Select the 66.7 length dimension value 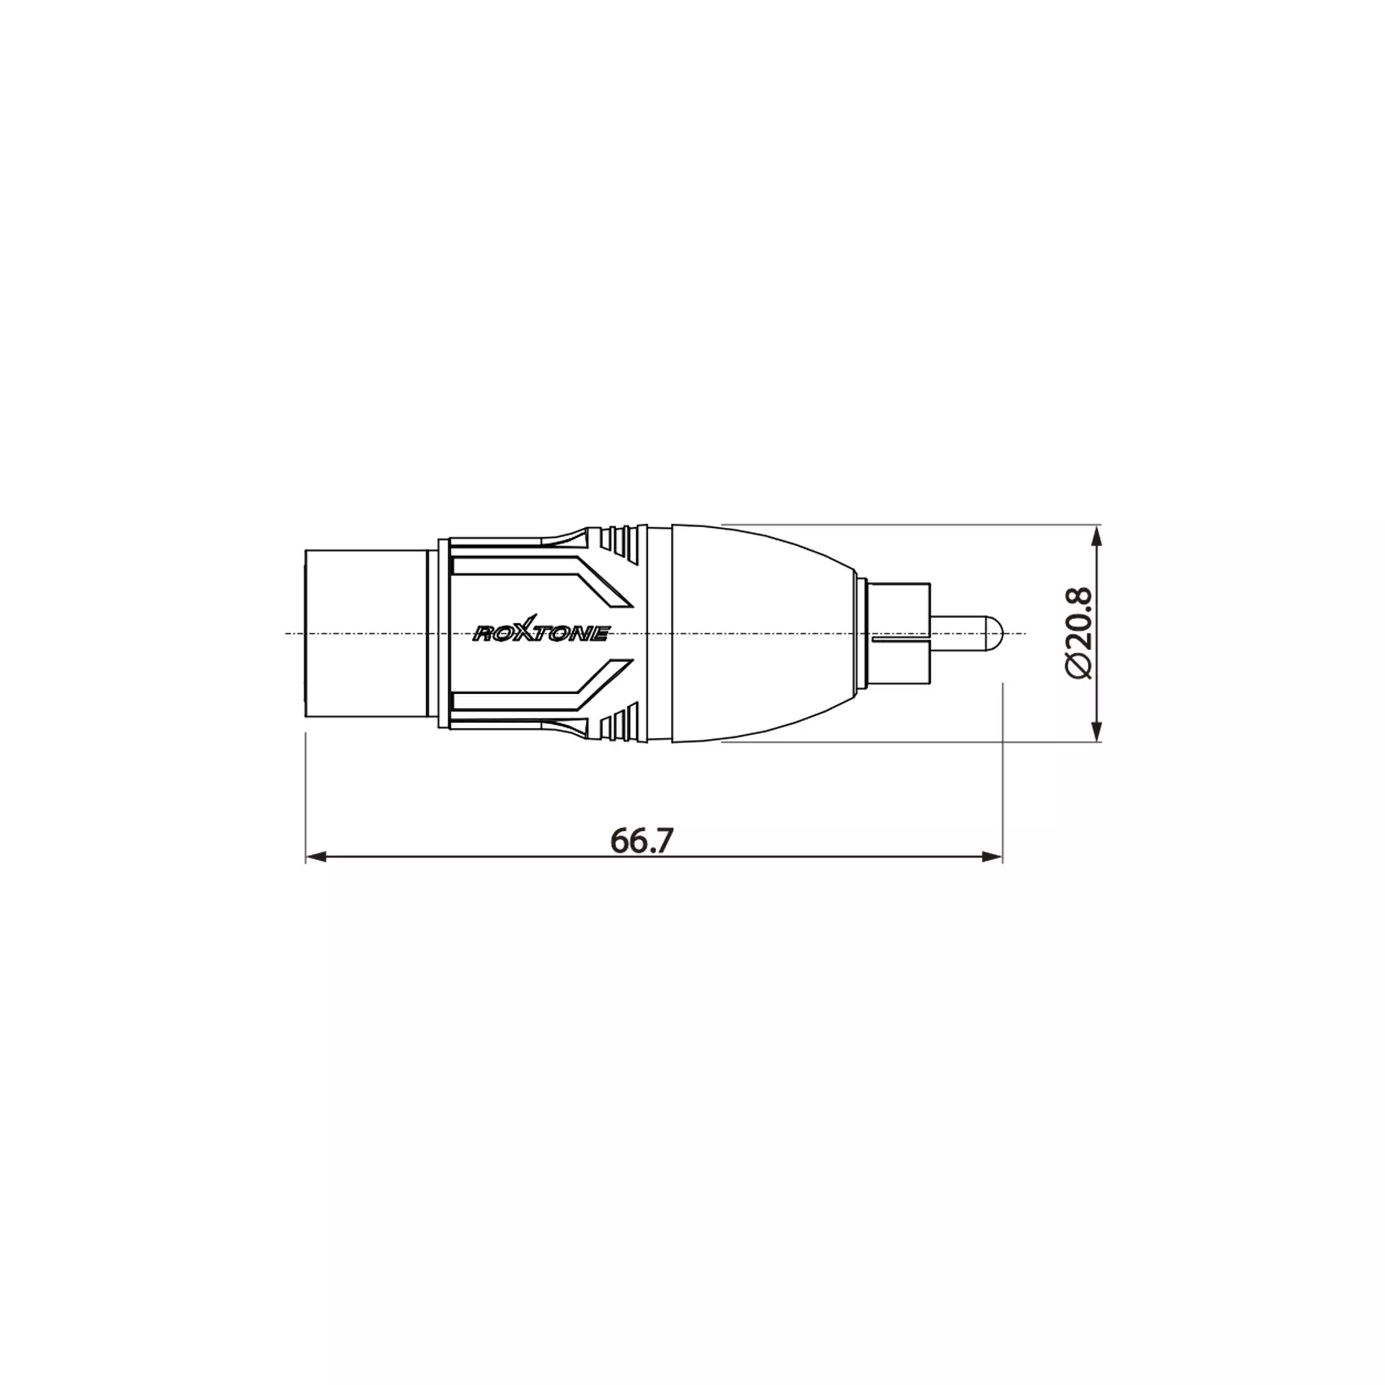641,840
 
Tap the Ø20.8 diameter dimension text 1078,632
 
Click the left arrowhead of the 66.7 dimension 316,857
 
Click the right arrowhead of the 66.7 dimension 992,857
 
